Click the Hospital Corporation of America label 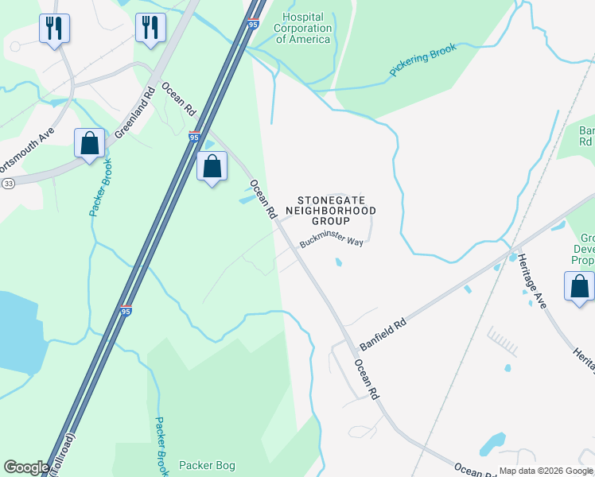pyautogui.click(x=301, y=28)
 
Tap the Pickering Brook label pyautogui.click(x=422, y=60)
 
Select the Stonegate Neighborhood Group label pyautogui.click(x=336, y=210)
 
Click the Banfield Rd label pyautogui.click(x=383, y=335)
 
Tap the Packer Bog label pyautogui.click(x=207, y=465)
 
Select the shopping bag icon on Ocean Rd pyautogui.click(x=212, y=167)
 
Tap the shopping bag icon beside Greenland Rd pyautogui.click(x=89, y=144)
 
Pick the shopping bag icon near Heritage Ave pyautogui.click(x=579, y=287)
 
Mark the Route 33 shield pyautogui.click(x=9, y=183)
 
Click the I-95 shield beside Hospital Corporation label pyautogui.click(x=253, y=25)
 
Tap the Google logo pyautogui.click(x=26, y=467)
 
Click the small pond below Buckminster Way pyautogui.click(x=339, y=262)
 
